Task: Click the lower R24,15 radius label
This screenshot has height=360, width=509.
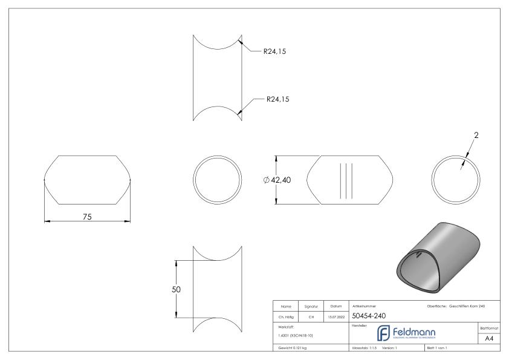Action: pyautogui.click(x=277, y=100)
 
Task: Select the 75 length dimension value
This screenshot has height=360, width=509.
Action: pyautogui.click(x=87, y=217)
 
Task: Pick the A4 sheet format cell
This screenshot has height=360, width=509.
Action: pyautogui.click(x=490, y=339)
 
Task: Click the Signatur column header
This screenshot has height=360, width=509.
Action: pyautogui.click(x=313, y=306)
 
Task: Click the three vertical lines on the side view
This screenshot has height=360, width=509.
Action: pyautogui.click(x=345, y=180)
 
